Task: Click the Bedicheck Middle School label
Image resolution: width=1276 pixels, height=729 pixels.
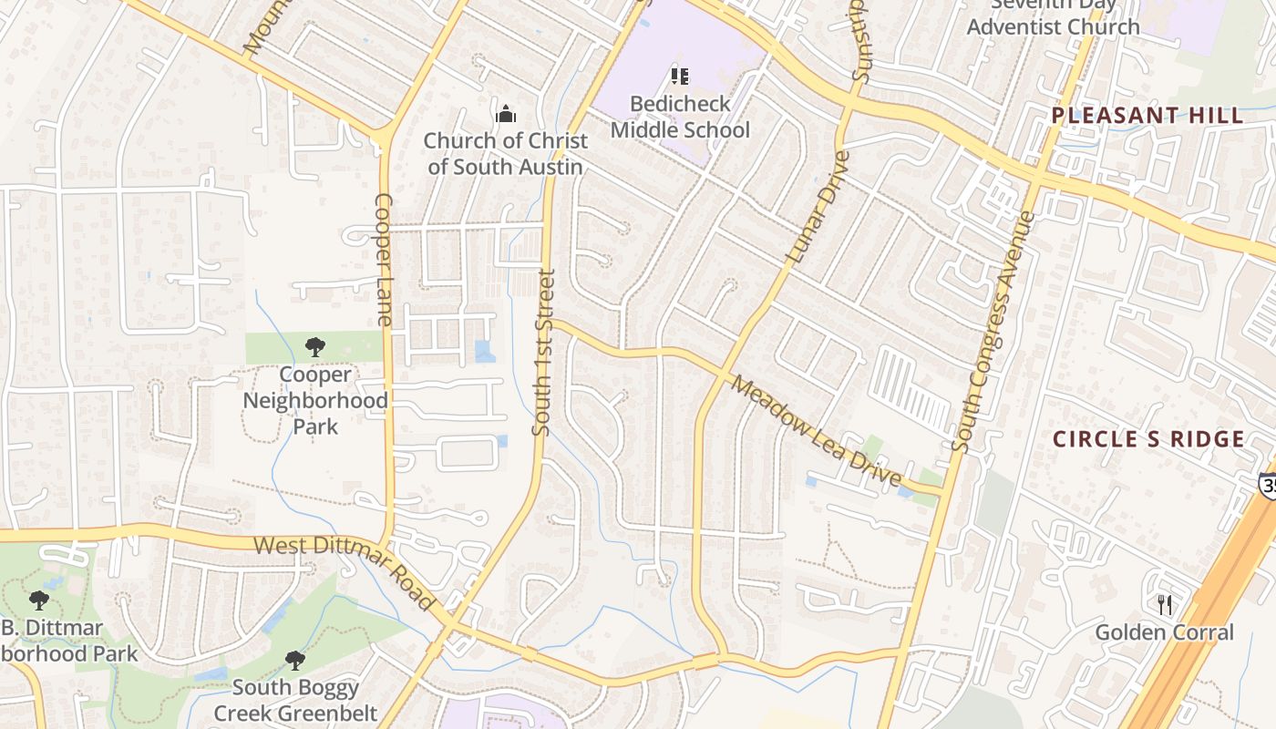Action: (680, 117)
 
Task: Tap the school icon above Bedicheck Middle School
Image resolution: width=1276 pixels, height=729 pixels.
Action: (680, 77)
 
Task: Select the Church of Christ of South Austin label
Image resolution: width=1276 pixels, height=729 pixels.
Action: (505, 153)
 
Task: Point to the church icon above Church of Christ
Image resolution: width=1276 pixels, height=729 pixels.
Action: (505, 114)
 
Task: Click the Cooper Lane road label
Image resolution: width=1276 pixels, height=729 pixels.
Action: (384, 260)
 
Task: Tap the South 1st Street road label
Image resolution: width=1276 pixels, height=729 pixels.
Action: (544, 352)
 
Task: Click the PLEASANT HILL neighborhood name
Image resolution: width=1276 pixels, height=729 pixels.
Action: (1147, 116)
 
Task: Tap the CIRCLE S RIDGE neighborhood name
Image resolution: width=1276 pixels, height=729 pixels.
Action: (1148, 439)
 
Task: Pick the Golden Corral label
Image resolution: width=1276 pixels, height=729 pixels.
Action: (1164, 632)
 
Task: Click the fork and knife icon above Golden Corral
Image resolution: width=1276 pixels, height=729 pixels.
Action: (1164, 603)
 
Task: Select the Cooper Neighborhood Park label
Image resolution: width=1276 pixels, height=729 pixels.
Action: (315, 400)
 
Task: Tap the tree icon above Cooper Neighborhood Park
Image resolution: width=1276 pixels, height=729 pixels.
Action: (315, 346)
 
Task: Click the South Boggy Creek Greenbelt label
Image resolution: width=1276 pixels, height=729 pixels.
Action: (295, 700)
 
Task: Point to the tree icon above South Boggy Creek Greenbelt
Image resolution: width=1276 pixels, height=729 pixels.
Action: (294, 660)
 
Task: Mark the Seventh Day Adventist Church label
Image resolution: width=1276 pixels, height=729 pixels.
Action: (1053, 16)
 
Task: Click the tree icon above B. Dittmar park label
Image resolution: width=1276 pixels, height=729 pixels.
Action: (38, 600)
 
